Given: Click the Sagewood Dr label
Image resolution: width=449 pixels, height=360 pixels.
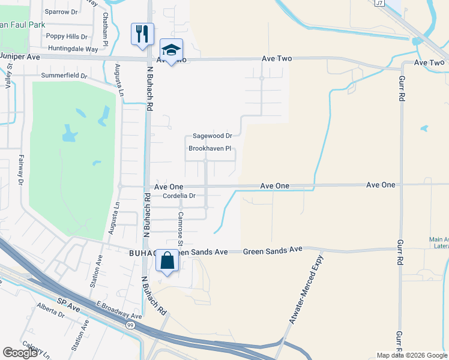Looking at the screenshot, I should [212, 136].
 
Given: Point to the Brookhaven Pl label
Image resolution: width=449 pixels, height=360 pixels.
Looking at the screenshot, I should [210, 148].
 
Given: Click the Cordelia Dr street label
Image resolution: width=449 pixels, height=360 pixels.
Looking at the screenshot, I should [175, 196].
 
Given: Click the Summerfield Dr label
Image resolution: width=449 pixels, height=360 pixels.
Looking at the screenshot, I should [64, 76].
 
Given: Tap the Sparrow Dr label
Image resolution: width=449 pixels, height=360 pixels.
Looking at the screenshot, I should [62, 11].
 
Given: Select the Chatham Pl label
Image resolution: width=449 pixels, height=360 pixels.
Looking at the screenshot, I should [105, 30].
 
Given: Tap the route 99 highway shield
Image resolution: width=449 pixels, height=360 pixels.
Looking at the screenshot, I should [130, 325].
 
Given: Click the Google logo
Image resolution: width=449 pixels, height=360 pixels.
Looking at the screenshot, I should [20, 353].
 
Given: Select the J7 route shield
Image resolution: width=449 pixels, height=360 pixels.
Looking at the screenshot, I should [379, 3].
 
